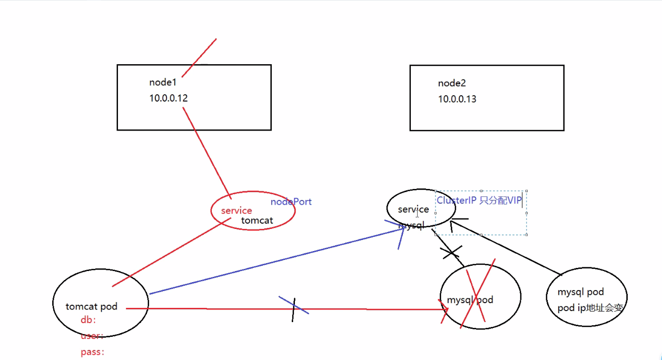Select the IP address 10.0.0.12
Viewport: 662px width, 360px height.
coord(169,98)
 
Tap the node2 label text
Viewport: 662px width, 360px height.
coord(452,83)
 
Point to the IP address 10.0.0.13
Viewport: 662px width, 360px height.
coord(457,99)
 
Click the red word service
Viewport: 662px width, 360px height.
coord(236,211)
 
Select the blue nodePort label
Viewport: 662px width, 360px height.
coord(291,202)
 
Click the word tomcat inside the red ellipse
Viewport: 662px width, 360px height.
coord(257,221)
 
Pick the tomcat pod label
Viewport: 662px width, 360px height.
coord(92,306)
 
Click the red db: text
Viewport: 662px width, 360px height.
coord(88,319)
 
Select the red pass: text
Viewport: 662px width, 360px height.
coord(93,352)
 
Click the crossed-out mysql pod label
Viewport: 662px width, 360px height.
coord(470,300)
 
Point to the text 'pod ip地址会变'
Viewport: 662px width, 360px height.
coord(590,308)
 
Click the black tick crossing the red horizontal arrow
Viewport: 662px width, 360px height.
coord(294,309)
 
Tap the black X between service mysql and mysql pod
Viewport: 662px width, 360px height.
coord(452,252)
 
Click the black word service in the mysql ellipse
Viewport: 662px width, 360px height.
coord(413,209)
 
